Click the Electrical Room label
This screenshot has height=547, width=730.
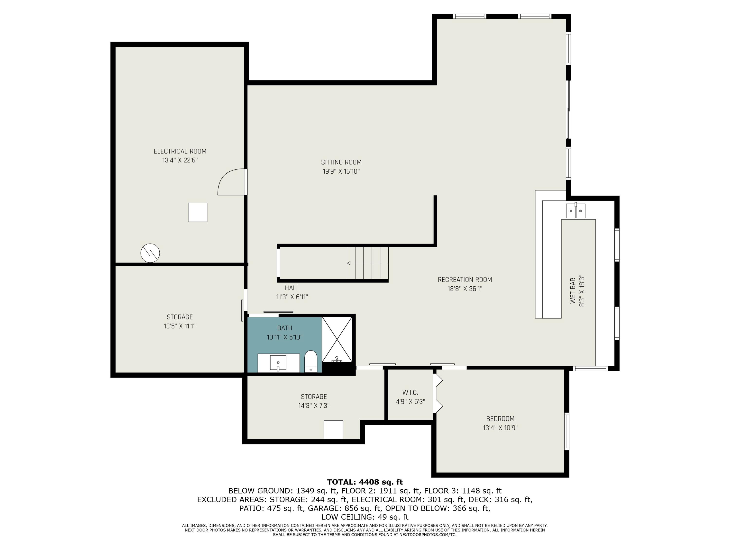click(180, 151)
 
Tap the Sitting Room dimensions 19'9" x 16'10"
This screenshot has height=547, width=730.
click(341, 171)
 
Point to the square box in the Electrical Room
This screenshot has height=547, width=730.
click(198, 212)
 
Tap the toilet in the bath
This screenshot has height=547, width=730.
click(310, 361)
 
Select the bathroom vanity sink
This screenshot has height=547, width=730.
click(278, 363)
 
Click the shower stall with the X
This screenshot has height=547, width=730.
click(337, 339)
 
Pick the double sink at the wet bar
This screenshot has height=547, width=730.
click(575, 211)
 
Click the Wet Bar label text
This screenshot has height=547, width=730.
click(573, 291)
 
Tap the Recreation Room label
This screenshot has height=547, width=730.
click(465, 280)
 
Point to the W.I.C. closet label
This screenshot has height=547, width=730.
click(410, 393)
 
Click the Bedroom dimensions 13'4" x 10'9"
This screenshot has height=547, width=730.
click(500, 428)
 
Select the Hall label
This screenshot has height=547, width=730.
click(292, 288)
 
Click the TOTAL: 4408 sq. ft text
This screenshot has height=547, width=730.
click(365, 482)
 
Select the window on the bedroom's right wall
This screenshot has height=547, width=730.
click(567, 431)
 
